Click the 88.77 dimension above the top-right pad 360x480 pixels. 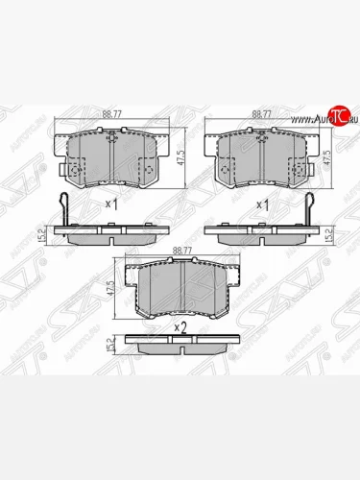(x=259, y=112)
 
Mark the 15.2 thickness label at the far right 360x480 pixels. (x=330, y=231)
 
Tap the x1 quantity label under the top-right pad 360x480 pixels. (x=259, y=204)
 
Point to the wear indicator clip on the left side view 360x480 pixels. (x=63, y=208)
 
